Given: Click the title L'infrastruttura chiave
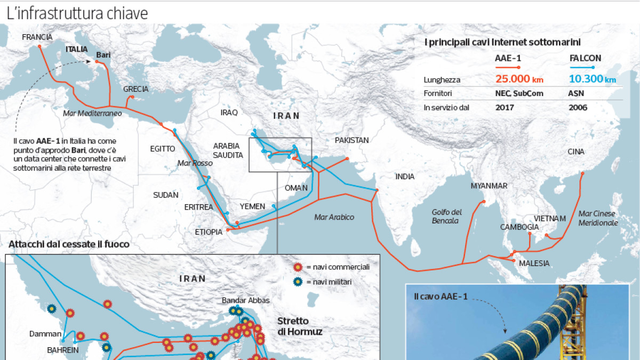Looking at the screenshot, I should (x=77, y=13).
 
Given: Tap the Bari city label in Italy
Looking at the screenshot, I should (x=102, y=54).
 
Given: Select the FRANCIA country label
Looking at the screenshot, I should (x=37, y=37).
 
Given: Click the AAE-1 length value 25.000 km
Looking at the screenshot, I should (x=519, y=79).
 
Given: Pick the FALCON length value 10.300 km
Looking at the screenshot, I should (x=592, y=79).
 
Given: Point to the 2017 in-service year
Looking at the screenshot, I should (x=504, y=107).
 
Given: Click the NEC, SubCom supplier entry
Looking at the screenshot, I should (x=518, y=93).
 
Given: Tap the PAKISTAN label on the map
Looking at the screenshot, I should (x=351, y=140).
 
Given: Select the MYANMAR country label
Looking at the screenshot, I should (x=489, y=186).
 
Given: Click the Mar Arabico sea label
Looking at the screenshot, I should (x=334, y=217).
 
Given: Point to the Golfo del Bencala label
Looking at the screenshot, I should (x=446, y=216).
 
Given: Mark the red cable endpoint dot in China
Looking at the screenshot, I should (x=582, y=173).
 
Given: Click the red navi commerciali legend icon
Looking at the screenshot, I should (x=298, y=267).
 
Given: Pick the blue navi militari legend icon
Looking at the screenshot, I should (x=298, y=282).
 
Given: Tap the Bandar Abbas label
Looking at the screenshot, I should (x=246, y=300).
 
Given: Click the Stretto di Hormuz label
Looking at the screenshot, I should (x=299, y=326).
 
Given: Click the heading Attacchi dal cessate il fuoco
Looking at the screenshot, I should (x=69, y=244).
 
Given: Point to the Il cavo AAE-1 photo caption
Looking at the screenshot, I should (x=441, y=296).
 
